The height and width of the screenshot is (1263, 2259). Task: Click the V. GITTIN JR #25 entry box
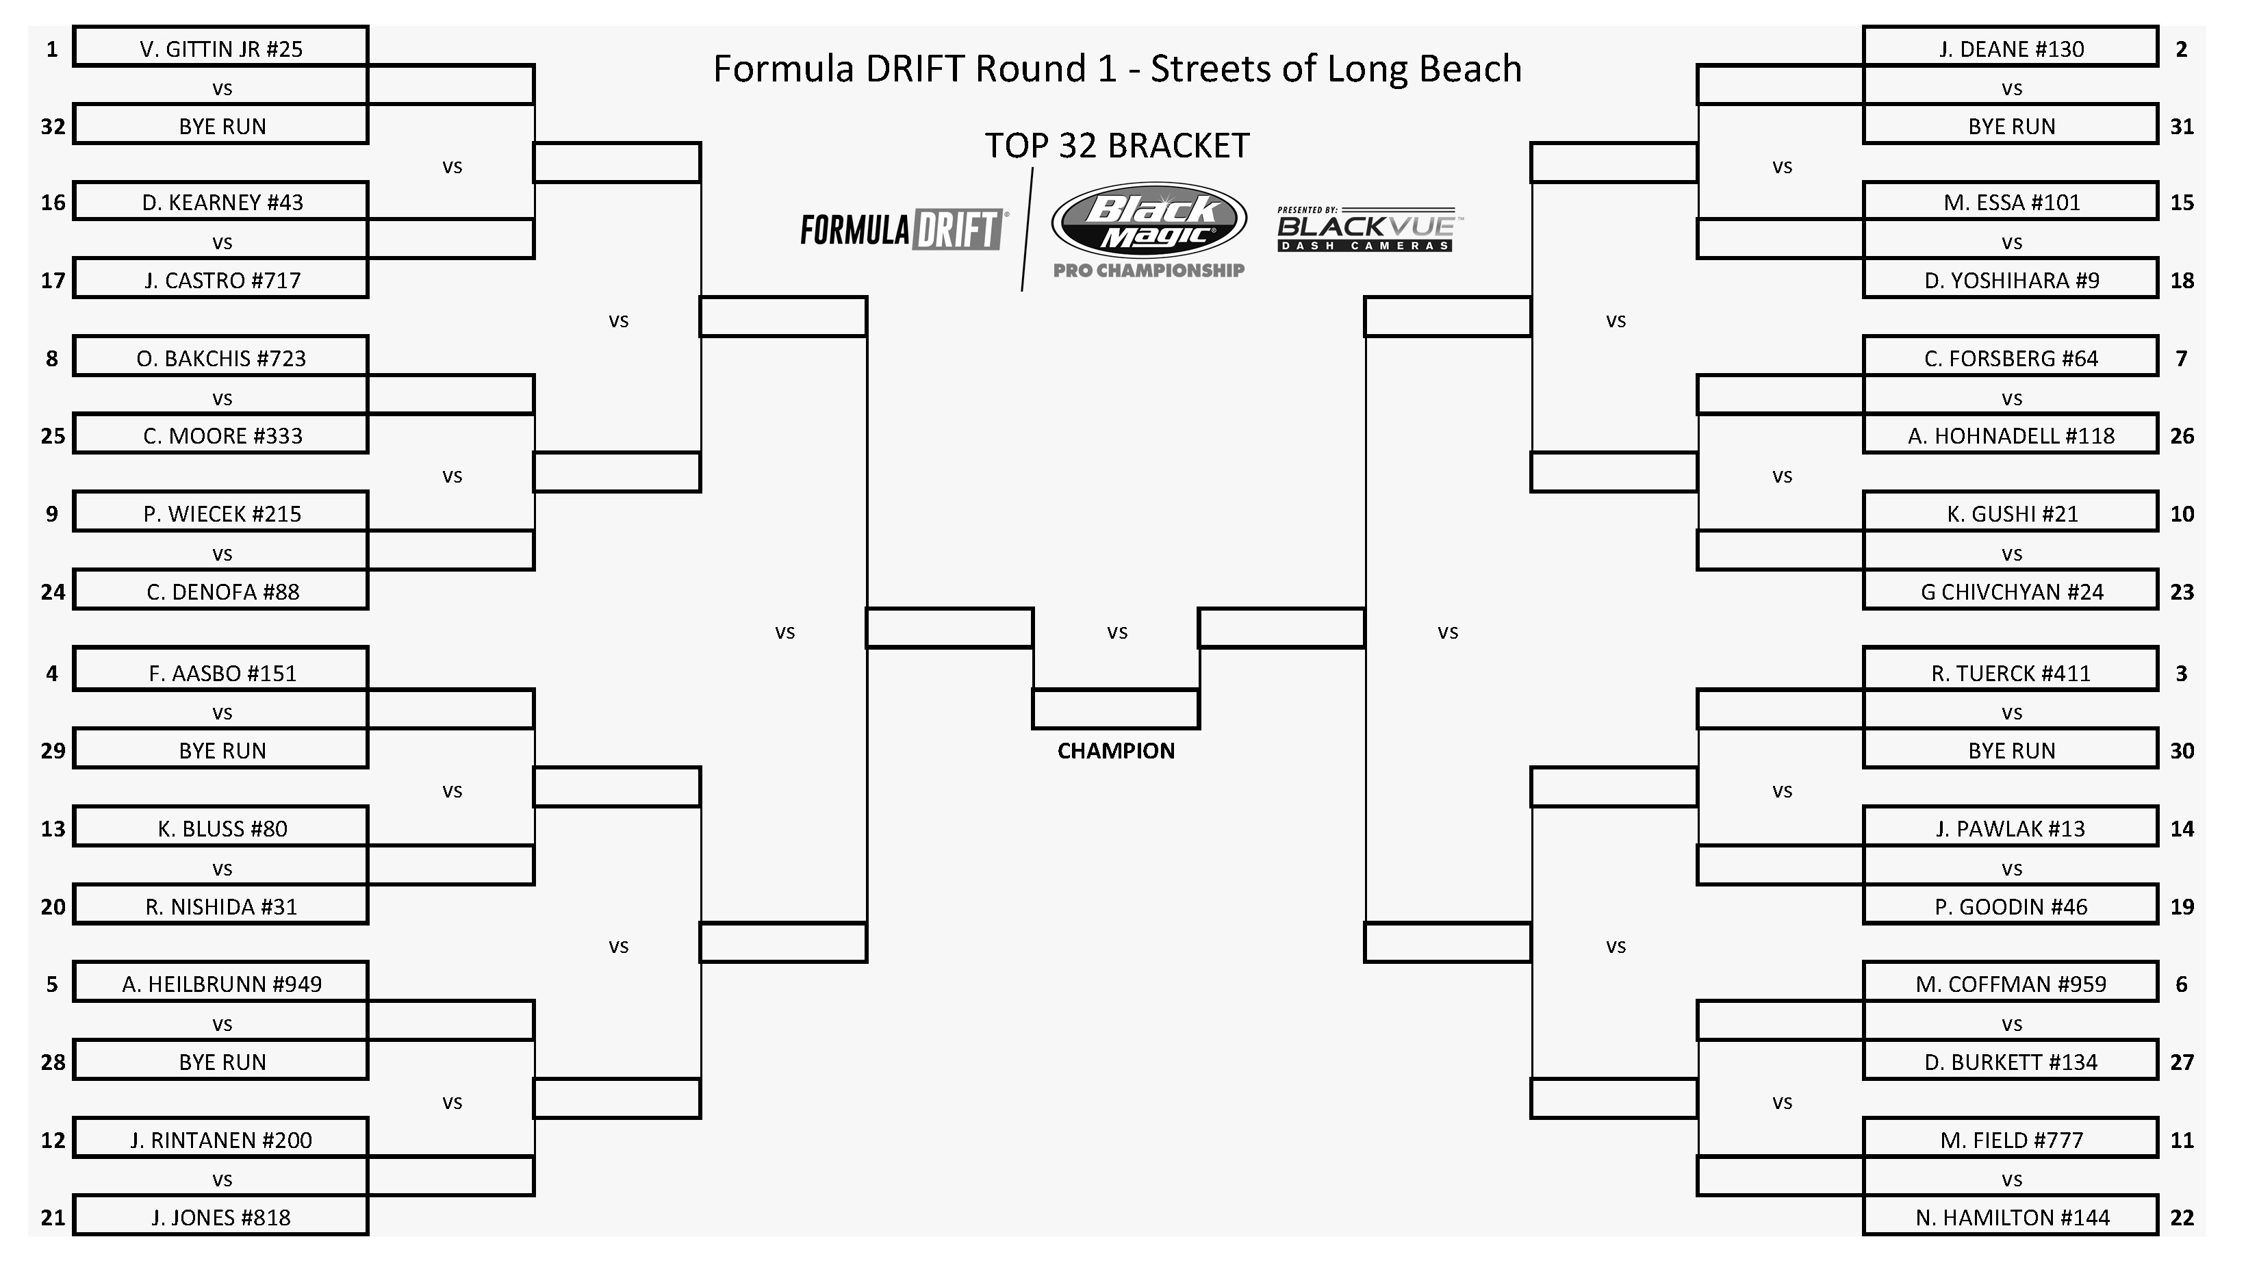(220, 47)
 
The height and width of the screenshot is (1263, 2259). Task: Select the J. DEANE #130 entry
(2010, 47)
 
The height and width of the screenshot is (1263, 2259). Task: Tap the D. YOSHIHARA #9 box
(2010, 278)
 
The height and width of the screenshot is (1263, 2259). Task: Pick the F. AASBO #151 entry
(220, 671)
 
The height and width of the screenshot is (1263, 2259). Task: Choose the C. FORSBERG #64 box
(2010, 356)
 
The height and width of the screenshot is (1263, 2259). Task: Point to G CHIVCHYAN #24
(2010, 590)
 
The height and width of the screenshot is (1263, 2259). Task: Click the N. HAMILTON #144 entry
(2010, 1216)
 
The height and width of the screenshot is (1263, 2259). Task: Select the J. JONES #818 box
(220, 1216)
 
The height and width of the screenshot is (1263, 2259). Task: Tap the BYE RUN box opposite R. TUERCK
(2010, 748)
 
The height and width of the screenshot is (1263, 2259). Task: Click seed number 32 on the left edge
(53, 126)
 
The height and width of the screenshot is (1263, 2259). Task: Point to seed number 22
(2182, 1217)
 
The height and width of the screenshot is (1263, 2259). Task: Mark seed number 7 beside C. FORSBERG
(2181, 358)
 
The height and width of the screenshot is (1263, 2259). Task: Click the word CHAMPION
(1116, 751)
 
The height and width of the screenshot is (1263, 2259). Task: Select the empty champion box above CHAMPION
(1116, 709)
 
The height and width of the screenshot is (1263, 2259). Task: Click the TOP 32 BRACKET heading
(1116, 146)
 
